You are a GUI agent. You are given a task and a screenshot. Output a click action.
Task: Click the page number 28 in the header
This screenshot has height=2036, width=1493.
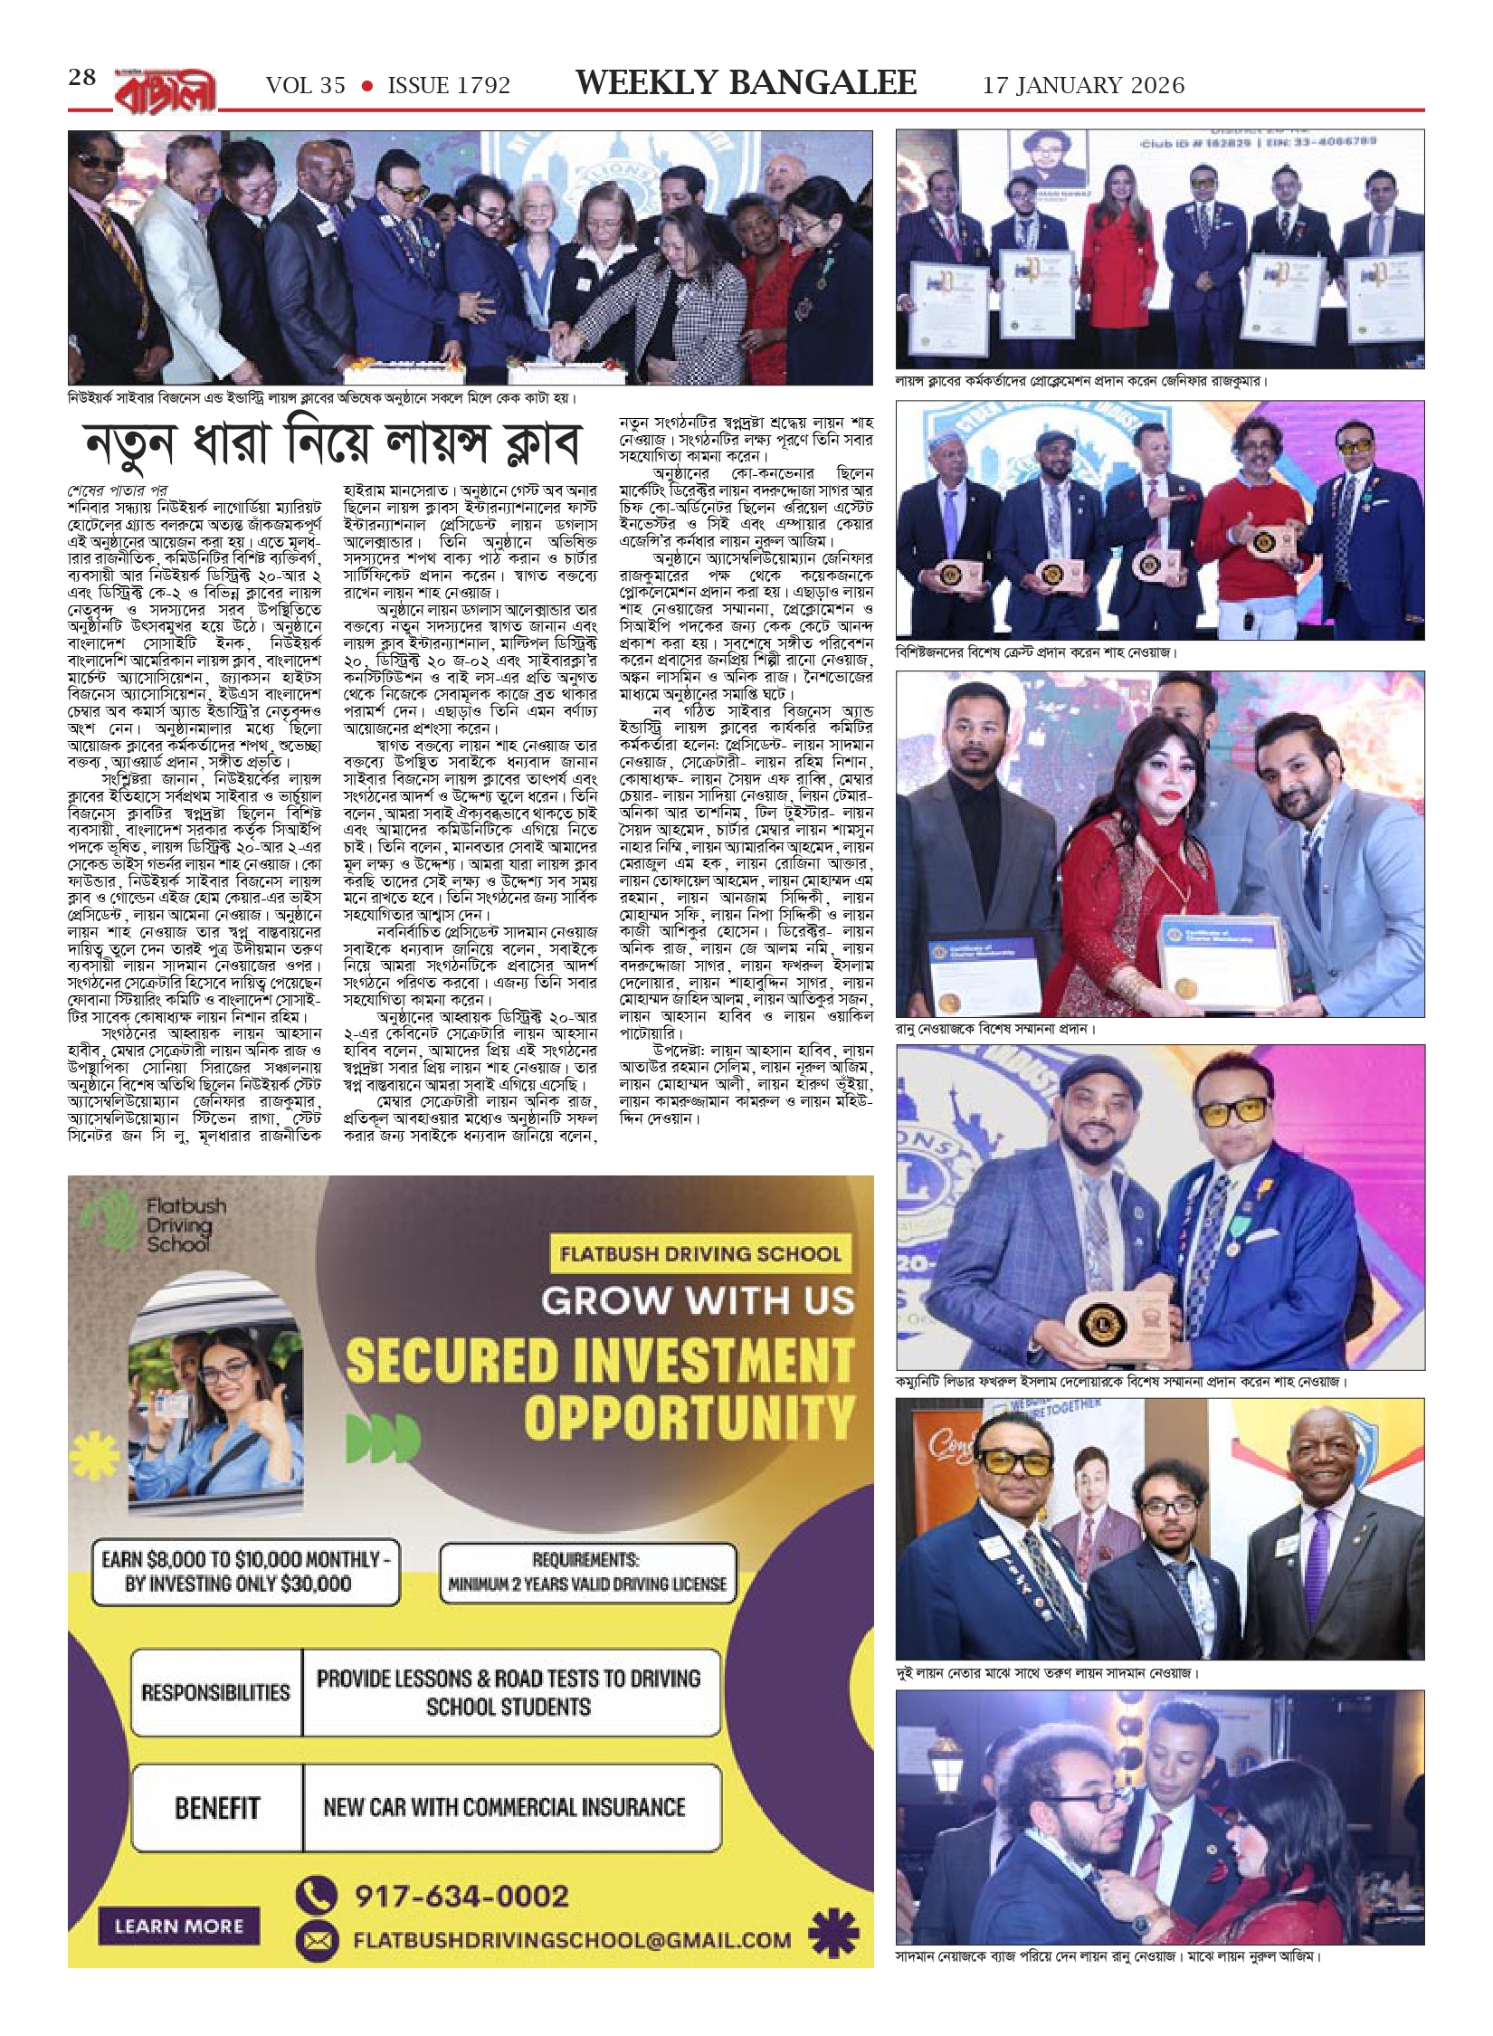(81, 78)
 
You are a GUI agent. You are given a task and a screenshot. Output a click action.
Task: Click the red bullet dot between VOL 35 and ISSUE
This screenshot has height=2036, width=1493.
(367, 86)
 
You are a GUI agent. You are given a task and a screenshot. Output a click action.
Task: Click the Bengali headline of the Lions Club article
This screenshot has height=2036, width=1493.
(331, 442)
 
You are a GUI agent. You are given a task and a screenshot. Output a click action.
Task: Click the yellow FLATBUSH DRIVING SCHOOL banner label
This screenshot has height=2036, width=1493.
(699, 1254)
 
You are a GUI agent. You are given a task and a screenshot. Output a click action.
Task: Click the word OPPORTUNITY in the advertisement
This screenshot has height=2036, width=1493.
(689, 1416)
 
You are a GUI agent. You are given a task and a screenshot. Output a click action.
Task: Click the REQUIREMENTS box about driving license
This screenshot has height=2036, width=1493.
(587, 1575)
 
